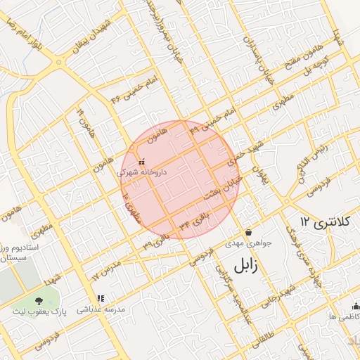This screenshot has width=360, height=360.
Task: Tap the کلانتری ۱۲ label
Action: point(324,223)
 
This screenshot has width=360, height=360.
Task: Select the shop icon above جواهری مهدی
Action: point(248,232)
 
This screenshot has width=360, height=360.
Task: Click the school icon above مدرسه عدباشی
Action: point(100,299)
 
